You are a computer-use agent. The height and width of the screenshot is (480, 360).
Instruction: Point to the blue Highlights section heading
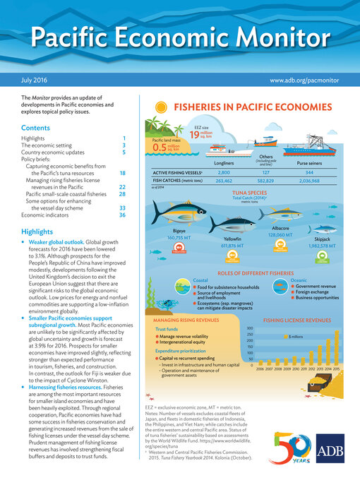coord(37,232)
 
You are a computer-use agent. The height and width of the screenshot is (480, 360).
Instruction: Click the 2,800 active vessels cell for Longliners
coord(224,172)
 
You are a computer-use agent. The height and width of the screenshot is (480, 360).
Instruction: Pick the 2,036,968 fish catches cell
coord(310,181)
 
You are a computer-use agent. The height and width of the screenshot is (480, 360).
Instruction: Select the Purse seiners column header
coord(309,163)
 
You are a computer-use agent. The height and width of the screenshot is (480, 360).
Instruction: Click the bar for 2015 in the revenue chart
coord(337,354)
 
